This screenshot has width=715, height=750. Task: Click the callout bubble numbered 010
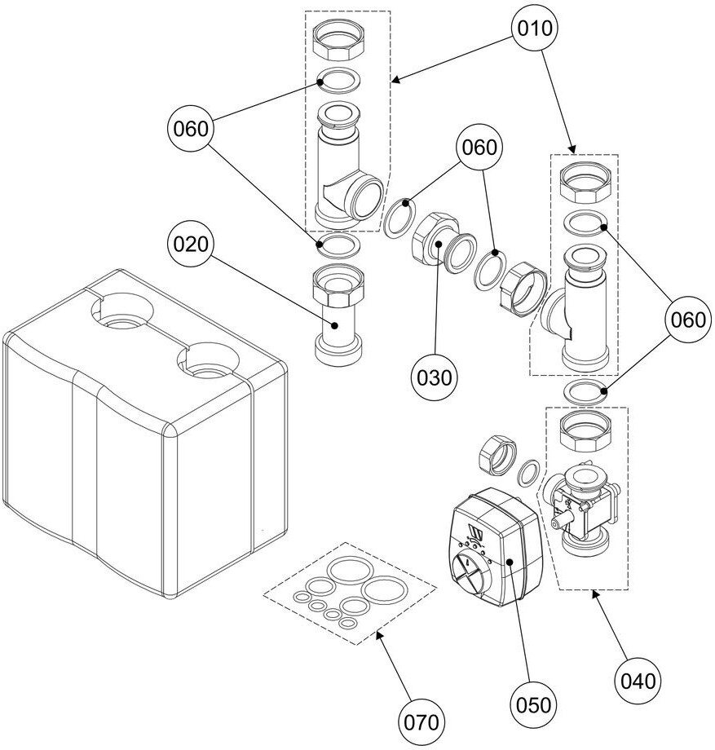(535, 29)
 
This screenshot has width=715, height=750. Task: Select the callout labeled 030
(433, 377)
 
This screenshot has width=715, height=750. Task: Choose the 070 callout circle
(422, 721)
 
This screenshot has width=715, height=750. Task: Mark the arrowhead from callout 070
(377, 634)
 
